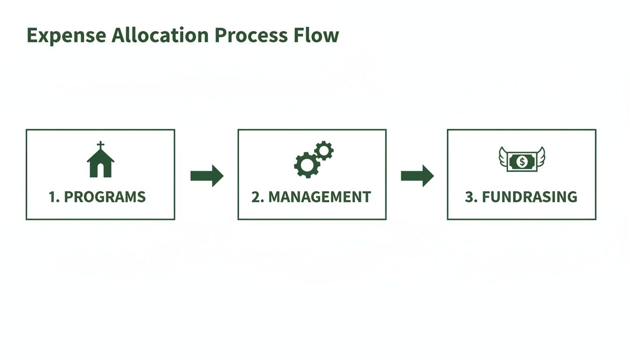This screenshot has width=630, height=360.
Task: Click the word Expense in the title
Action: [66, 36]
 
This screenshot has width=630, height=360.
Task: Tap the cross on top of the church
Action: [100, 145]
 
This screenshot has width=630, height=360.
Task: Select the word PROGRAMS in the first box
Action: [105, 197]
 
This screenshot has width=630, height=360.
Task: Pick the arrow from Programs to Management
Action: [207, 176]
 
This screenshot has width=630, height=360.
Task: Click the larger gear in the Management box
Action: [307, 165]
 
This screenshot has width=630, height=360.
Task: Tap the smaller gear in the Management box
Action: [324, 150]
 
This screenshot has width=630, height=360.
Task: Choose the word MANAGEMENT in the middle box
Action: [320, 197]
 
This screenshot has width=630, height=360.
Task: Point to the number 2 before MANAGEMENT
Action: [256, 197]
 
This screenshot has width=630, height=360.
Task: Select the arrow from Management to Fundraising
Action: [417, 176]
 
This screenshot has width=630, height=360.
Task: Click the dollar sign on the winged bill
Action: [522, 161]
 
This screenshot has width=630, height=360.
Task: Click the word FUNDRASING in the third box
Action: [530, 197]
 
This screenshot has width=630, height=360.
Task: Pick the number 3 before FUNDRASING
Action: [469, 197]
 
